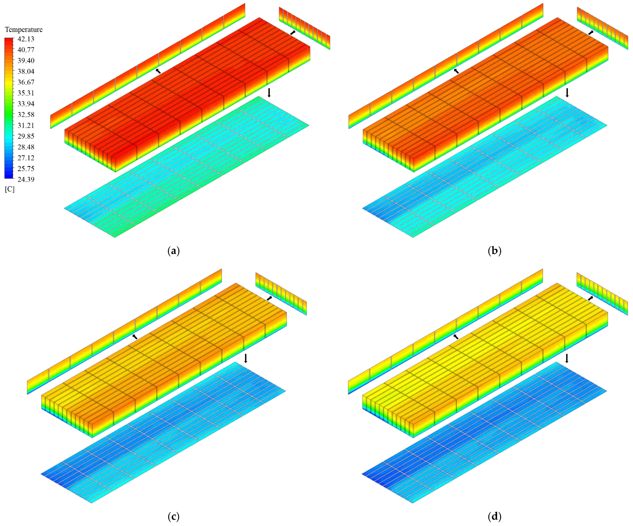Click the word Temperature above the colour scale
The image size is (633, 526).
click(x=24, y=30)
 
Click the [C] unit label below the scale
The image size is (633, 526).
click(x=10, y=189)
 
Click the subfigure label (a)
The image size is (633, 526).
click(x=173, y=251)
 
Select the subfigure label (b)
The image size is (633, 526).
click(x=494, y=251)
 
